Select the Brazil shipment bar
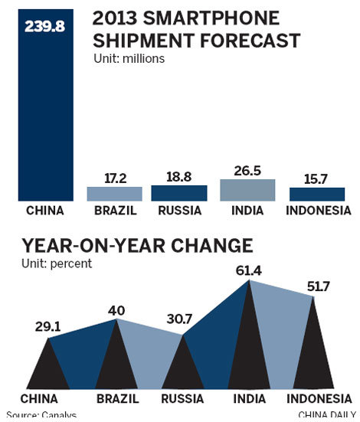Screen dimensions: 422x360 [114, 194]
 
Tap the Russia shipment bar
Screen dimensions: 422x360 [179, 193]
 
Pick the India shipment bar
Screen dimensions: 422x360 [247, 190]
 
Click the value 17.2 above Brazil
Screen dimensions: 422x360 [114, 178]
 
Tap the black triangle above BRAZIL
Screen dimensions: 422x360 [117, 360]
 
